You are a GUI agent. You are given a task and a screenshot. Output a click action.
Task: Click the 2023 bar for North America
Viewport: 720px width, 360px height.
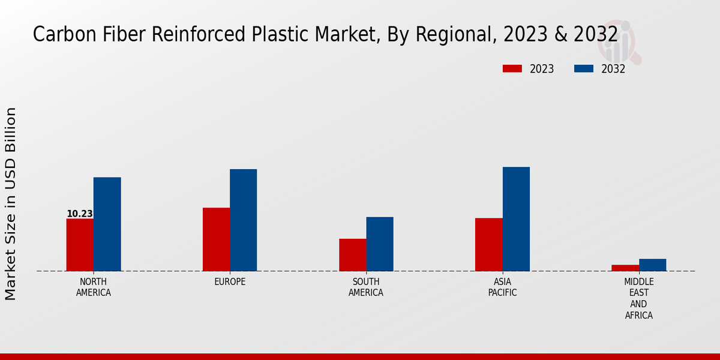80,245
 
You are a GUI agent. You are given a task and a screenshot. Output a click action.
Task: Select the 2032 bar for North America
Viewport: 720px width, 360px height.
107,224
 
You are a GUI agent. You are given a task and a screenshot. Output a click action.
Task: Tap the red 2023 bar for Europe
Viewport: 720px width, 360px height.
216,239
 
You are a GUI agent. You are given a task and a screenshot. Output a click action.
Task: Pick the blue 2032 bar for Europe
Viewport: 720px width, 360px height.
243,220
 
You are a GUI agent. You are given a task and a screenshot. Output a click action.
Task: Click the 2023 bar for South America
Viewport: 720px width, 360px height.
352,255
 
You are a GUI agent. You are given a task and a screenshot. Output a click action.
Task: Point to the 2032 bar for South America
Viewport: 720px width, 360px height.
380,244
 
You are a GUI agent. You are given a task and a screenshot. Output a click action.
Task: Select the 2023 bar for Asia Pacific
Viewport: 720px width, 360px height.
488,244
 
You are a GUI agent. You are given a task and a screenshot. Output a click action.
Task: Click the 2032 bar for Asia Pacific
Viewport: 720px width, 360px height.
516,219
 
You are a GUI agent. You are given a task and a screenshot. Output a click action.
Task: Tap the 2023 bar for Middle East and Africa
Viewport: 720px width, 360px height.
625,268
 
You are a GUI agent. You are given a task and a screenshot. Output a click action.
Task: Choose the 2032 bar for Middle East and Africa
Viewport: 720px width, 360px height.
652,265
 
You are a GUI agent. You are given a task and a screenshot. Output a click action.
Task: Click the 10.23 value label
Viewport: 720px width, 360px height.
80,214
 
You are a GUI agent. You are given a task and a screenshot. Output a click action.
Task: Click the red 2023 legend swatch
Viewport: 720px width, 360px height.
512,68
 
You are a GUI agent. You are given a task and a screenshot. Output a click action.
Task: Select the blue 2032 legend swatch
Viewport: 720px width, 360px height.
584,68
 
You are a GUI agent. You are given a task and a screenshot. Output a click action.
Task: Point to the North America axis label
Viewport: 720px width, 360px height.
94,287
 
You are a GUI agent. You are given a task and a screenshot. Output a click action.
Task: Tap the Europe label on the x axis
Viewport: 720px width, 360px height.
230,282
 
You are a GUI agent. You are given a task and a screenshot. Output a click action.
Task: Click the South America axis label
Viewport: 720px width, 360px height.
366,287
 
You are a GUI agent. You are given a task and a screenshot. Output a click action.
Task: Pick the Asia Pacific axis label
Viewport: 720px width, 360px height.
502,287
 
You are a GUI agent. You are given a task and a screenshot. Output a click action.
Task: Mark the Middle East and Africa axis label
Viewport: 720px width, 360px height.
639,298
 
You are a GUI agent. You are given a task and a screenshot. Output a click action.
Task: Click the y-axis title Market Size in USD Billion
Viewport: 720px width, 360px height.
11,204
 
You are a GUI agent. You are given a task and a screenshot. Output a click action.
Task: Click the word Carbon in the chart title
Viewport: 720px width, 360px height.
58,35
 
